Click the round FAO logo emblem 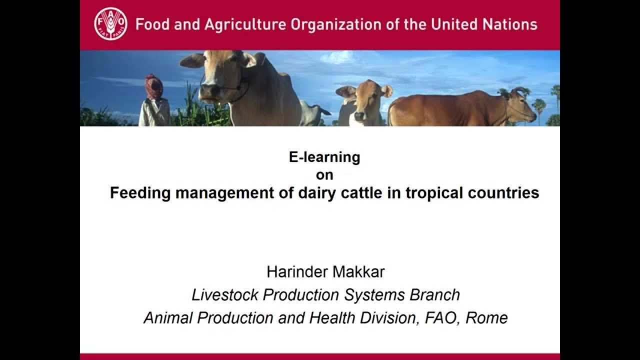(110, 24)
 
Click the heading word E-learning (324, 157)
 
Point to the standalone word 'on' (324, 175)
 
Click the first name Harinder (295, 272)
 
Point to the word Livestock (225, 294)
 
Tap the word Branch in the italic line (434, 294)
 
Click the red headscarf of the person (154, 86)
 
